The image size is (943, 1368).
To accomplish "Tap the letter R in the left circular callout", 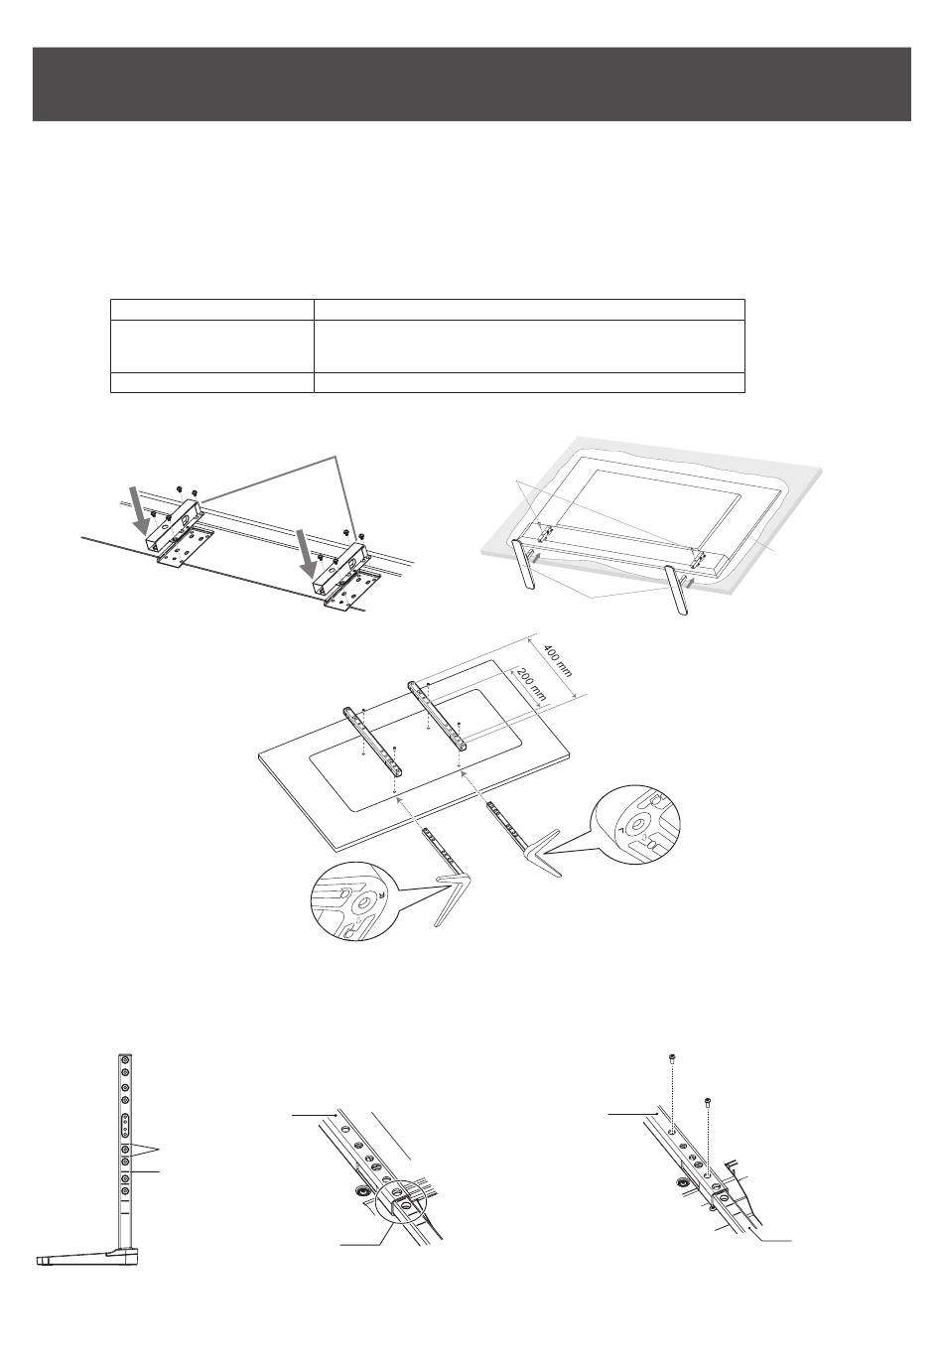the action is (380, 875).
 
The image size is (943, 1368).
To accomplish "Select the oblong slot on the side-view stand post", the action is (125, 1125).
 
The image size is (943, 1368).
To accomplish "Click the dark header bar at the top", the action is (471, 83).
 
